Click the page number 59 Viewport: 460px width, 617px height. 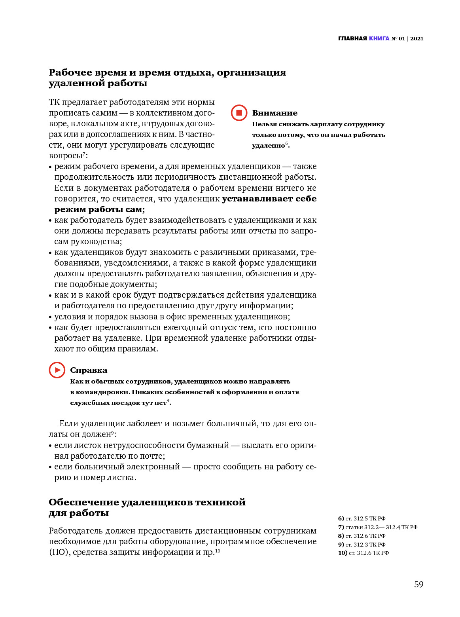(x=418, y=585)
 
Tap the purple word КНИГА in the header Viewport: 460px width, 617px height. (x=379, y=38)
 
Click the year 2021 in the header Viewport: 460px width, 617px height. (x=417, y=38)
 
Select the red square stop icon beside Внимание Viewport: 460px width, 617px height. (x=239, y=113)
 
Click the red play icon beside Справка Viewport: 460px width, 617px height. (x=57, y=370)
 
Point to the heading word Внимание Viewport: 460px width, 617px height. (x=274, y=113)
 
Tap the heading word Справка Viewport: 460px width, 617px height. (x=89, y=370)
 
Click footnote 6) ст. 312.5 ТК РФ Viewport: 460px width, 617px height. (x=362, y=518)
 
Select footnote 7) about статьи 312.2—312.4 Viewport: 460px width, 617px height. (x=378, y=527)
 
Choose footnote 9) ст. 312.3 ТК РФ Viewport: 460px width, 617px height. (x=362, y=545)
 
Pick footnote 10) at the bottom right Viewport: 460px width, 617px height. (x=363, y=553)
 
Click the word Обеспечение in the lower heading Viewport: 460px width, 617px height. (x=83, y=502)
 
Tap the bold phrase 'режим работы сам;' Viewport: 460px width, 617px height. (x=100, y=209)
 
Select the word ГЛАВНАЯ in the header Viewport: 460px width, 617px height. (x=352, y=38)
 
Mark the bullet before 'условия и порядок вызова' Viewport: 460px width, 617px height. (x=50, y=317)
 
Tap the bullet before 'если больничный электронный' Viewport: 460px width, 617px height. (x=50, y=467)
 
